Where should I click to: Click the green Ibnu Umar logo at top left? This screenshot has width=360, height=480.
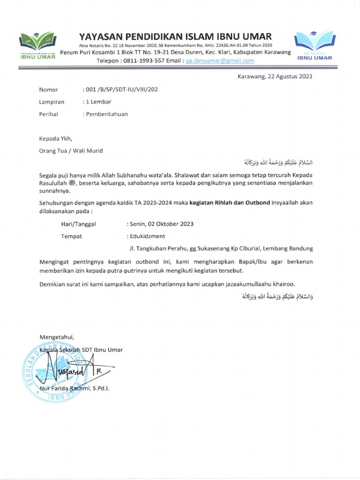[38, 46]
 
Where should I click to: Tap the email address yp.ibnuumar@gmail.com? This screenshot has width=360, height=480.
[220, 60]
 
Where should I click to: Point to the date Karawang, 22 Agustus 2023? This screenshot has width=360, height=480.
[275, 76]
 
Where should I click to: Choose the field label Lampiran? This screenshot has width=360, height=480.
[52, 101]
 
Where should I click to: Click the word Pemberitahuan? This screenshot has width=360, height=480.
[106, 113]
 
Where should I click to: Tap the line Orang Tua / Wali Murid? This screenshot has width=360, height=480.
[71, 150]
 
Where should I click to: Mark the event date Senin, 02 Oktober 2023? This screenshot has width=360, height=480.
[161, 224]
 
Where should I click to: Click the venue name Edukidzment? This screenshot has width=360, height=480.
[147, 236]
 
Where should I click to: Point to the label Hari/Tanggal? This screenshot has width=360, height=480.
[78, 224]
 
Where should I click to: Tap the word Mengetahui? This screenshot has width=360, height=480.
[57, 337]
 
